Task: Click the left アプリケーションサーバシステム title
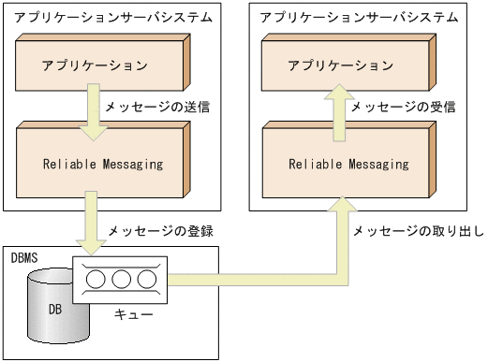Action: tap(100, 17)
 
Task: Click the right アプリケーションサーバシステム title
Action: tap(346, 17)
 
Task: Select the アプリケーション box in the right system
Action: tap(340, 65)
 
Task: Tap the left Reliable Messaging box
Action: tap(103, 163)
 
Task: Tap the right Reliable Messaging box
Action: tap(348, 163)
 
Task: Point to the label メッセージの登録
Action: tap(154, 230)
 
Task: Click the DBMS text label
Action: tap(24, 256)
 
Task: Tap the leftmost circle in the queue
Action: tap(96, 280)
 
